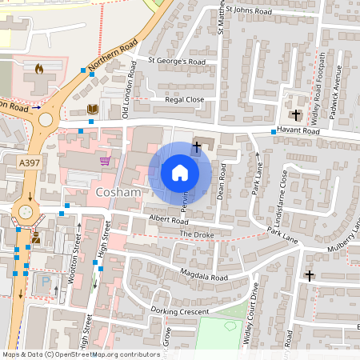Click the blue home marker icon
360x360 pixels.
(180, 172)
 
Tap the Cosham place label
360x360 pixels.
(118, 194)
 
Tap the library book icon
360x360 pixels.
(92, 108)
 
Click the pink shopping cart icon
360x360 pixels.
(105, 160)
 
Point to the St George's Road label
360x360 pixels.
(178, 61)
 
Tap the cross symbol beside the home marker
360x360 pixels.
(197, 146)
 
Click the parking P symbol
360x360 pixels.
(44, 282)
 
